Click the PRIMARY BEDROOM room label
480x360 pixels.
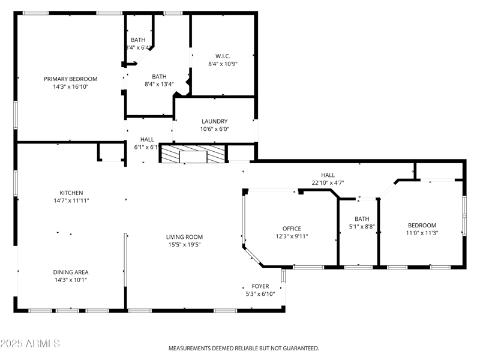[x=70, y=79]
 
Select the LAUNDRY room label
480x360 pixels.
[x=214, y=121]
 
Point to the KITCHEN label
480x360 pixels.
[x=71, y=193]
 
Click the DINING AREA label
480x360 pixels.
[x=71, y=272]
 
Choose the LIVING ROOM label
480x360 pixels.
[x=184, y=237]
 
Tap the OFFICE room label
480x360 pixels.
[x=292, y=229]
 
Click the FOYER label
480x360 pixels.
[x=260, y=286]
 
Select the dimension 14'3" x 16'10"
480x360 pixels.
[x=70, y=86]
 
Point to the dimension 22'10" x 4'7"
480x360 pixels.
[x=328, y=183]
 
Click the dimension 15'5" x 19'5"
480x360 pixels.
[x=184, y=245]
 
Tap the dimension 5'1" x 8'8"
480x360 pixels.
[x=362, y=227]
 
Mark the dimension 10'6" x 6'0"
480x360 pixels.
[x=214, y=129]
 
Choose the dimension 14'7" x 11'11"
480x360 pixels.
[x=71, y=200]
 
